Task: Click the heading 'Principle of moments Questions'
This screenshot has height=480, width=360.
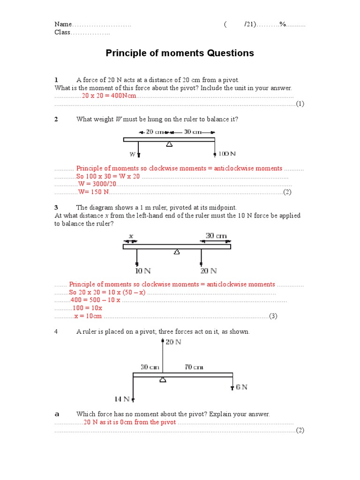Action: [180, 53]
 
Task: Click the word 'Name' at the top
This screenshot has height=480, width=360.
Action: [63, 24]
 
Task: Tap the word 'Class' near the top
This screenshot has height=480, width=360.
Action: [62, 32]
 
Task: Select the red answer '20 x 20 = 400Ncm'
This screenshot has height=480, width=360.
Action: [109, 96]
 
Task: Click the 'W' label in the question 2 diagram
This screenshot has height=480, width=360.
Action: [132, 154]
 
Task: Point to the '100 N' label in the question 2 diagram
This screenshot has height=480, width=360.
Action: [227, 154]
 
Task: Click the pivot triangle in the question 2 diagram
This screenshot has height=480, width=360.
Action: [168, 144]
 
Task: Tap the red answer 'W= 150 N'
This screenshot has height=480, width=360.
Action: [93, 192]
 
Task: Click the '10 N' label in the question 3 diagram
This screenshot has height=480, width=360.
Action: [142, 270]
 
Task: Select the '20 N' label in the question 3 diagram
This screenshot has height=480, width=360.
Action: [208, 270]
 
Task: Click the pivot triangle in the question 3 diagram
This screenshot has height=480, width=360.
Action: [177, 252]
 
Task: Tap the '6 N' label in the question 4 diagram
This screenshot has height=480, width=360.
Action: [241, 387]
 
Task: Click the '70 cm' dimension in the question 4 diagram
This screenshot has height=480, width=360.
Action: [194, 367]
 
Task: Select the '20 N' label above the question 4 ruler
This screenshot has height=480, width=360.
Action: [173, 342]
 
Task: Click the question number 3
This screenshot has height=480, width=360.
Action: [56, 207]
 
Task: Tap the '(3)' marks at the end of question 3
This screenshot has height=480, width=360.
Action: [273, 316]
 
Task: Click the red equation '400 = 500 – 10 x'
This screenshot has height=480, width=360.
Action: [95, 300]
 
